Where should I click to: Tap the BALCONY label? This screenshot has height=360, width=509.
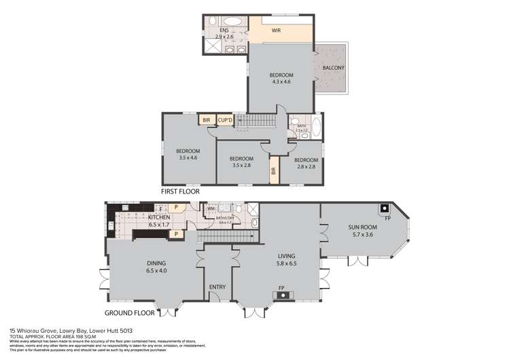point(333,67)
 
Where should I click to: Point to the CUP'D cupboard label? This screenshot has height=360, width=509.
point(225,120)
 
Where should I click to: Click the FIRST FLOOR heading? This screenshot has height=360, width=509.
point(180,192)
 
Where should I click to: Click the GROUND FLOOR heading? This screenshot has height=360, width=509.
point(129,313)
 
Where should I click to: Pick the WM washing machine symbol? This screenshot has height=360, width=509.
point(211,209)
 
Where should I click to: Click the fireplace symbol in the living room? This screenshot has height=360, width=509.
point(281,295)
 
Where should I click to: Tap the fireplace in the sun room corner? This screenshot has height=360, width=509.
point(385,209)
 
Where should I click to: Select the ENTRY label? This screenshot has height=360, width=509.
point(217,287)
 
